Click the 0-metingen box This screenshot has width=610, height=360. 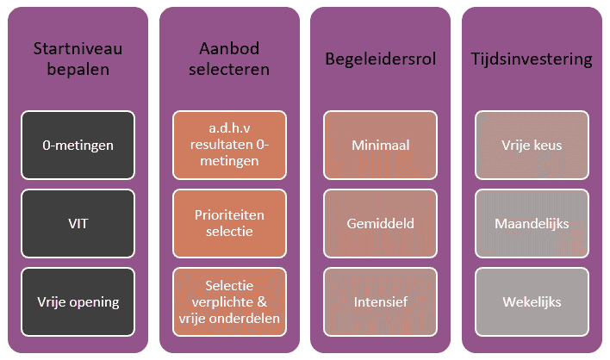click(x=78, y=145)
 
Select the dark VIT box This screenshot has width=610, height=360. click(x=78, y=224)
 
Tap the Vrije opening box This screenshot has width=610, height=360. click(x=78, y=301)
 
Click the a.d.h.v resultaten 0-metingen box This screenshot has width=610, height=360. click(x=229, y=145)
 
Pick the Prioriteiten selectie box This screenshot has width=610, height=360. click(x=229, y=224)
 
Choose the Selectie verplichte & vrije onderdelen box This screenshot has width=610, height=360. click(x=229, y=301)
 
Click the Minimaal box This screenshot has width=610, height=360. click(x=381, y=145)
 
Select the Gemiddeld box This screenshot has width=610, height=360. click(x=381, y=224)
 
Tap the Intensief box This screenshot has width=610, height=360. click(x=381, y=301)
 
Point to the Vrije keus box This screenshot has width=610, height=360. click(x=532, y=145)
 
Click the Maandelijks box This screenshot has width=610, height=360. click(x=532, y=224)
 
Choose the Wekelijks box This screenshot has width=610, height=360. click(x=532, y=301)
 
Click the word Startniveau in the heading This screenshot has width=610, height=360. click(x=78, y=48)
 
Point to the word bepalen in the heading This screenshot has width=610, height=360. click(x=78, y=70)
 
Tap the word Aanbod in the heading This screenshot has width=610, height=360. click(x=229, y=48)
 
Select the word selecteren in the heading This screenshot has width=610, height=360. click(x=229, y=69)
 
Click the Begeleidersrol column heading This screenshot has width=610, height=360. click(x=381, y=59)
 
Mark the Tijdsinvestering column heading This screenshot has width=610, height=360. click(x=532, y=59)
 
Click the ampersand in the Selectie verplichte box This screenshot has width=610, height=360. click(x=262, y=301)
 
